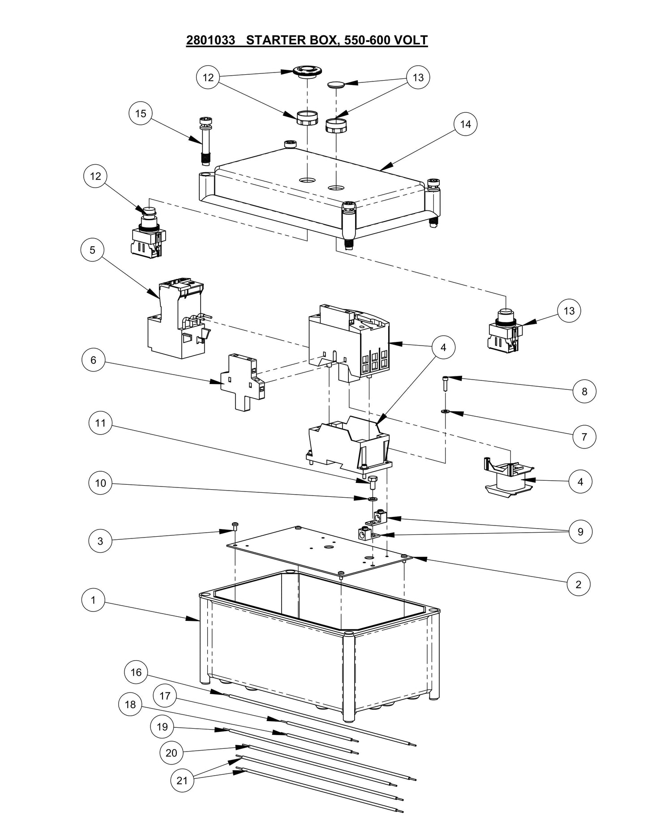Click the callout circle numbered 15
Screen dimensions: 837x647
141,114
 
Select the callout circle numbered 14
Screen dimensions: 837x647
465,124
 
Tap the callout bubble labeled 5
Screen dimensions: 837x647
93,250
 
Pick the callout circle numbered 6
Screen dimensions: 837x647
93,360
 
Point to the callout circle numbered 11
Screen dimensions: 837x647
100,423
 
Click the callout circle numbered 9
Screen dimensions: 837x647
580,532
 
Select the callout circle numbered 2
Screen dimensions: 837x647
578,585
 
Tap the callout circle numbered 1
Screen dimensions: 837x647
93,600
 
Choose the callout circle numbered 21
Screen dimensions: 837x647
182,781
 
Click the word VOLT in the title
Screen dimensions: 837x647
411,40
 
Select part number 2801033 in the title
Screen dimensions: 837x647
210,40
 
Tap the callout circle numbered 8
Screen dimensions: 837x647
584,392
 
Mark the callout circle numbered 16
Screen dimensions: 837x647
136,672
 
